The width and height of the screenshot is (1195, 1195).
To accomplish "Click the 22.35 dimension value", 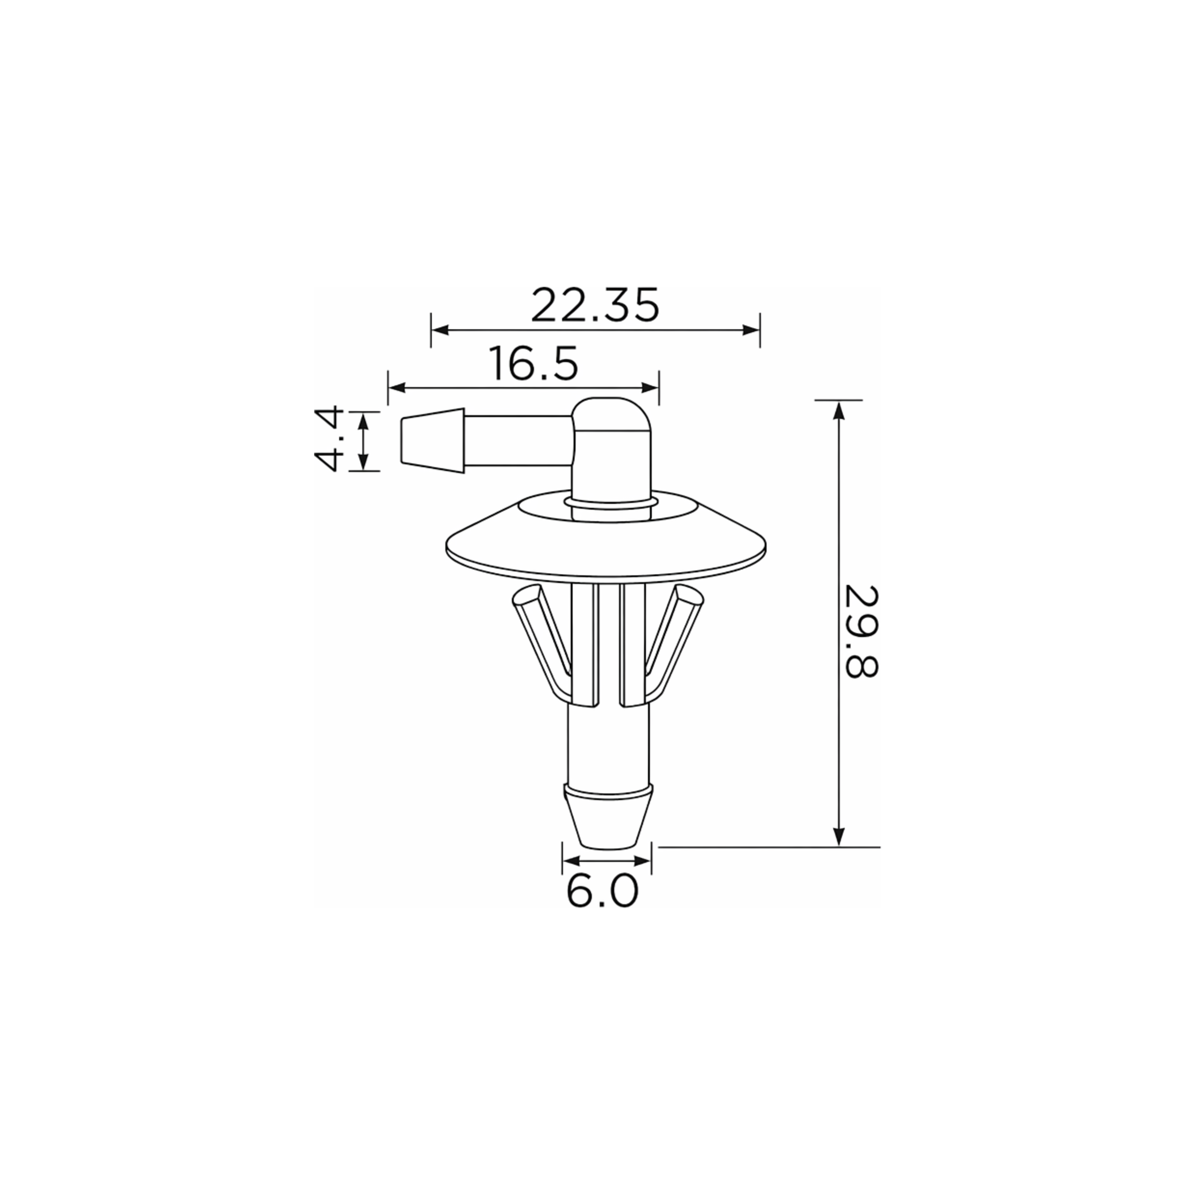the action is coord(595,305).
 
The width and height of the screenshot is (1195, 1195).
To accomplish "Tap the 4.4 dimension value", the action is coord(328,440).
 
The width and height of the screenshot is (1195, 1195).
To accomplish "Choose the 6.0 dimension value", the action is coord(602,891).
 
